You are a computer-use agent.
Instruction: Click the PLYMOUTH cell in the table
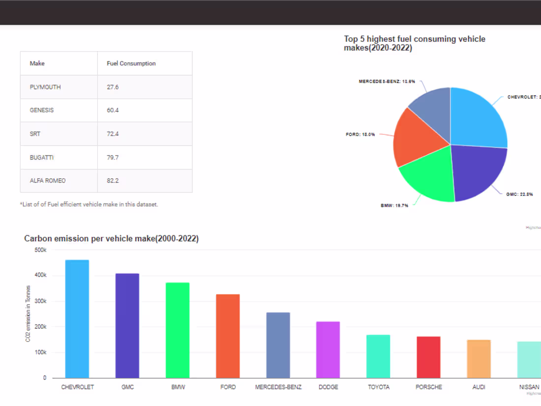tap(45, 87)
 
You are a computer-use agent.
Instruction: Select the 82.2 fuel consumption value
tap(113, 181)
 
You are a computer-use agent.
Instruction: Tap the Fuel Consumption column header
tap(131, 63)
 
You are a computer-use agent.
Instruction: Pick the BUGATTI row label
tap(42, 157)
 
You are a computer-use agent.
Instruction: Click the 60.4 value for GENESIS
tap(113, 110)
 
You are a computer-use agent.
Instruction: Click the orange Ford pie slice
tap(416, 138)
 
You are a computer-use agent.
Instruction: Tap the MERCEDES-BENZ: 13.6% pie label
tap(387, 81)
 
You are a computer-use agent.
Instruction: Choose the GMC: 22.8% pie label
tap(519, 194)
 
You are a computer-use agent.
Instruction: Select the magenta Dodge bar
tap(328, 349)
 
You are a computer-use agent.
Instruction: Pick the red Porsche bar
tap(428, 357)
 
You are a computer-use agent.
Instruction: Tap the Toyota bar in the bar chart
tap(378, 356)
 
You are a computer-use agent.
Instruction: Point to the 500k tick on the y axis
tap(40, 250)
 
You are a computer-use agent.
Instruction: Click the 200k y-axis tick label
tap(40, 327)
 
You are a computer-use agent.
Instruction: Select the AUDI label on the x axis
tap(479, 387)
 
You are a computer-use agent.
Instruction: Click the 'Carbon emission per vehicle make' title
tap(111, 239)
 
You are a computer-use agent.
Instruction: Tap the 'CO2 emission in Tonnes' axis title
tap(29, 313)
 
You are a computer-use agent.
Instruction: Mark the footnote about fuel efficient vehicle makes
tap(89, 204)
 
